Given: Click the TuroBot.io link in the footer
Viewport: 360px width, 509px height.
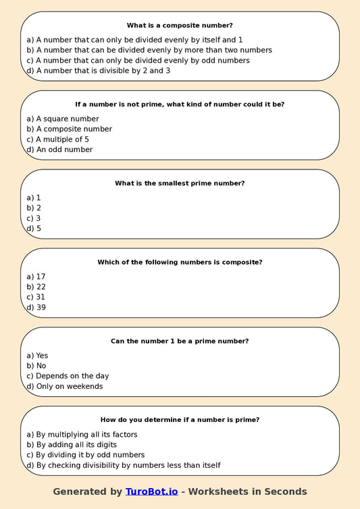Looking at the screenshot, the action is coord(151,491).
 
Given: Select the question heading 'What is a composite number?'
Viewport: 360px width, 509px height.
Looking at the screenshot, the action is coord(180,25).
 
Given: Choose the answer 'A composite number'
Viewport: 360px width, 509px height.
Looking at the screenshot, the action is coord(69,129).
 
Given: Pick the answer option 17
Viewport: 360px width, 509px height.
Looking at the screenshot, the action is coord(36,276).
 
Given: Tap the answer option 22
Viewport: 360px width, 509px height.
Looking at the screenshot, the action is coord(36,286).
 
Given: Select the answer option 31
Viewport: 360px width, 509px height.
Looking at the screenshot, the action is coord(36,297).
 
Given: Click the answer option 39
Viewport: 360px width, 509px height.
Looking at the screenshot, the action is coord(36,307).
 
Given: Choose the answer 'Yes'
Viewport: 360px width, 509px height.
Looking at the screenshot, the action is coord(37,355).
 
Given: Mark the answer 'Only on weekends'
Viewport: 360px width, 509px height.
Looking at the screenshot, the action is coord(64,386).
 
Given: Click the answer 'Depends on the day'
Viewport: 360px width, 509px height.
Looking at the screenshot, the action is coord(68,376).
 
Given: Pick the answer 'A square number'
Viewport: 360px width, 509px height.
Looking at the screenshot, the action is coord(63,118).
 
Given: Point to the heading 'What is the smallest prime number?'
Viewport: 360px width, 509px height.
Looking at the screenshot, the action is coord(180,183).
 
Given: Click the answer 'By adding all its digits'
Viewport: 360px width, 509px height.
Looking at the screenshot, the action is coord(72,444).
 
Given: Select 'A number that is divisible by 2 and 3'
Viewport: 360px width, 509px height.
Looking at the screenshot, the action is coord(98,70).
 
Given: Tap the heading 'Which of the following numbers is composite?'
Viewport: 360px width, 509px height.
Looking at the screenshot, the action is coord(180,262).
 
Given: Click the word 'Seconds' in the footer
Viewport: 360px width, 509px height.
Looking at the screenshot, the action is coord(282,491).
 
